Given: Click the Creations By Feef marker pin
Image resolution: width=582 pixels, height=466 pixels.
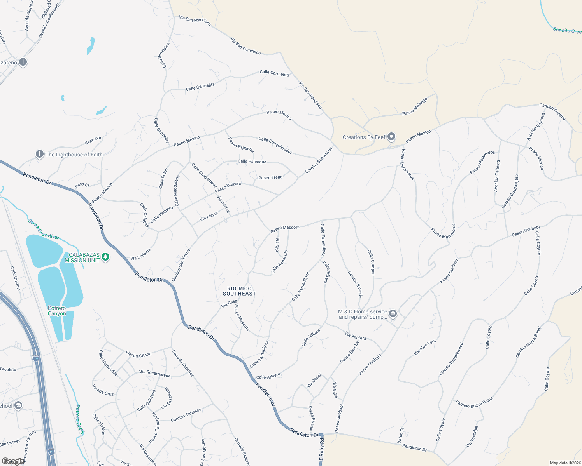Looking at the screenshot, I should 391,137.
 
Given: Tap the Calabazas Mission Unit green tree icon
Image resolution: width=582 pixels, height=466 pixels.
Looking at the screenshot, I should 105,257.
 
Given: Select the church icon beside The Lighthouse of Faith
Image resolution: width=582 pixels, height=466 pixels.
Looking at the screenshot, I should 39,155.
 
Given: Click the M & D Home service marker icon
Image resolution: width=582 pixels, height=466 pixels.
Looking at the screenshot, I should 393,314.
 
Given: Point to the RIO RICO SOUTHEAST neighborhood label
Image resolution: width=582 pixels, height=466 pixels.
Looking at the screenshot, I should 239,291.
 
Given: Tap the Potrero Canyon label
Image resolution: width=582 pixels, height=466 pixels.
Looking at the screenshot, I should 57,311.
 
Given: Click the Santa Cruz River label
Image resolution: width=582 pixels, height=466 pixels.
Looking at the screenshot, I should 44,230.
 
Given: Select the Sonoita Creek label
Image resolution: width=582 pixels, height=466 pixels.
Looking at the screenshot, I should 567,30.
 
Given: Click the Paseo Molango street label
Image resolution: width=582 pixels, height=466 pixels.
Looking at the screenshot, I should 415,106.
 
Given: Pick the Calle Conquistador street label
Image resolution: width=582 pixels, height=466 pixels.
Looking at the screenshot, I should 275,145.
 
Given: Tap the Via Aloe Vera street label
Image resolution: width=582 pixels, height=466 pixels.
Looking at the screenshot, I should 425,348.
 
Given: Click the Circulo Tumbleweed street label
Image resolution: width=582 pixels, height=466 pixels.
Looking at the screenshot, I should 451,359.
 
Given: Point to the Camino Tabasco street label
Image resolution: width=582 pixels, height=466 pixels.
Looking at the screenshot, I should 186,415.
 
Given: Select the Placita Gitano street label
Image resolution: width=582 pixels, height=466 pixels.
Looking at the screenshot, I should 138,354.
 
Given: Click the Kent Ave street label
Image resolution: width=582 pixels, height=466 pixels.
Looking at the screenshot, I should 93,140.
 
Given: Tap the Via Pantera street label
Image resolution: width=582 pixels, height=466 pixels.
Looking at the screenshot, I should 355,336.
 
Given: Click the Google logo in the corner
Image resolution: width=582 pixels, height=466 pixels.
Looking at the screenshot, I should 13,461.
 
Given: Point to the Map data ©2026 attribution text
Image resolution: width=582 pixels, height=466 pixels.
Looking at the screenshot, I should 564,463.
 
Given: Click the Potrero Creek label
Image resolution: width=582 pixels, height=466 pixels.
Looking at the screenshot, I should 80,419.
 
